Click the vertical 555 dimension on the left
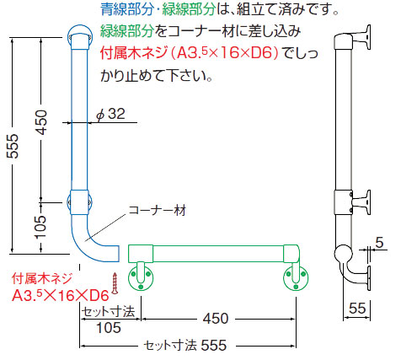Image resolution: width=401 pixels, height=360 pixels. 13,146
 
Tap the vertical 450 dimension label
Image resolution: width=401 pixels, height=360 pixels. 42,122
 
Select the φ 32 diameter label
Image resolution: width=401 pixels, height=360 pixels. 110,114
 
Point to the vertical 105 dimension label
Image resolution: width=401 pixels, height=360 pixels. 41,227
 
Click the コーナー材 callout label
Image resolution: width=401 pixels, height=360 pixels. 157,210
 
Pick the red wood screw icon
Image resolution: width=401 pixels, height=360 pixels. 115,283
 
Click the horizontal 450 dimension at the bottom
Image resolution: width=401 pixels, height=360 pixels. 216,319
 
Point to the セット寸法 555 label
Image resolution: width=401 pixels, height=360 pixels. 185,346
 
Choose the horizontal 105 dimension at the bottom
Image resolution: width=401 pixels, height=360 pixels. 109,328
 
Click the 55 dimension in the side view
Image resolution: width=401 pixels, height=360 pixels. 357,309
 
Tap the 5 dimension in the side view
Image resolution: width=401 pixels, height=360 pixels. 379,243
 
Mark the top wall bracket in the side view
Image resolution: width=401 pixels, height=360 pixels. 361,37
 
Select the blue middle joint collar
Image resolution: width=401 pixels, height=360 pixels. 79,202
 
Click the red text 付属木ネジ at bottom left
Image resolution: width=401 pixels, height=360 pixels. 42,279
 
